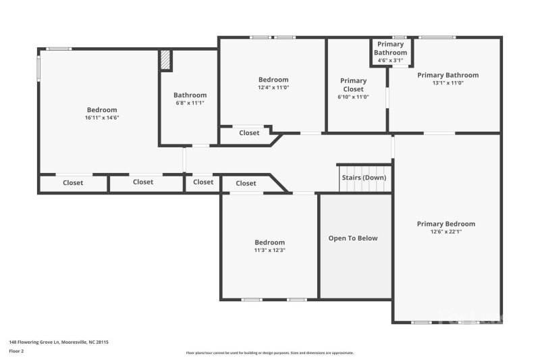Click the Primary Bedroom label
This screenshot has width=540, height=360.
(446, 224)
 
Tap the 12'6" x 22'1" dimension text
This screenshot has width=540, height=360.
(446, 232)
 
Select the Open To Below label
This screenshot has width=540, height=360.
(353, 238)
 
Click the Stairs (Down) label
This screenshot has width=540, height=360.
(364, 177)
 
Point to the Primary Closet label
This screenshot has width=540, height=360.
(353, 84)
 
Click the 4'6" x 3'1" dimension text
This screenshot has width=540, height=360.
(390, 61)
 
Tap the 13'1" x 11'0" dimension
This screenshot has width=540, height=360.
(448, 83)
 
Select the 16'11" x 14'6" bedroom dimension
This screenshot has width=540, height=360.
(102, 118)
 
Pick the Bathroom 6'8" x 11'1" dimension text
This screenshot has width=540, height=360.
(190, 103)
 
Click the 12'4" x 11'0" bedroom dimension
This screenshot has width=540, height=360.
(273, 88)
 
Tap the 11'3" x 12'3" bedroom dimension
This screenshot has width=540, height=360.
(269, 251)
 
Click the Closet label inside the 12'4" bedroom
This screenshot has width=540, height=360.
(249, 133)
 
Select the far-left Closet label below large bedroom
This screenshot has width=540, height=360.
(73, 182)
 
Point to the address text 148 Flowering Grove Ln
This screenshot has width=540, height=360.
(58, 342)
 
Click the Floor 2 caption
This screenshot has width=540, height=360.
(16, 351)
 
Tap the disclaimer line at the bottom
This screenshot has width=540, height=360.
(270, 353)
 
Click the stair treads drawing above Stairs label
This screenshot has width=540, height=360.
(364, 168)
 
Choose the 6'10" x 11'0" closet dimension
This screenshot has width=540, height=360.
(353, 97)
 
